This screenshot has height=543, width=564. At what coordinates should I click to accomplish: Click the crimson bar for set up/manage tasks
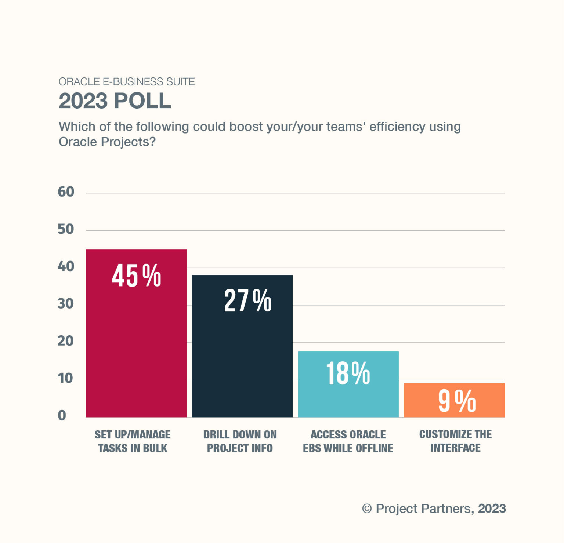pos(136,349)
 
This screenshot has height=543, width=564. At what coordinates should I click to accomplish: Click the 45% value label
pos(136,276)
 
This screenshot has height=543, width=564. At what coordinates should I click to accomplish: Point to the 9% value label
pos(457,401)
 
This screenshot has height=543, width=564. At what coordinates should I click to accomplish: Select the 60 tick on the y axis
pos(66,192)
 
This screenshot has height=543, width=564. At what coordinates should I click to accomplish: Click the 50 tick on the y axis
pos(66,229)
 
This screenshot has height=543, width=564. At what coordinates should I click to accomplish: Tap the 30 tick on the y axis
pos(66,304)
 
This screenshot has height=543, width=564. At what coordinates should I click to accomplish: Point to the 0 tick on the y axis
pos(62,415)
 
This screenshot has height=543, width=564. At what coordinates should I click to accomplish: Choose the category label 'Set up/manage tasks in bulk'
pos(133,441)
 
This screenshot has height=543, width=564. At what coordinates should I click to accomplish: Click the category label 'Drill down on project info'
pos(240,441)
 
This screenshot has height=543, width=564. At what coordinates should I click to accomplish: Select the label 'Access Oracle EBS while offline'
pos(348,441)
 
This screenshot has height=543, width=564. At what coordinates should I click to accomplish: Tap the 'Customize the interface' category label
pos(455,441)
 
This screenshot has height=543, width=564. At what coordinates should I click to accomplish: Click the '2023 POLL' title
pos(115,101)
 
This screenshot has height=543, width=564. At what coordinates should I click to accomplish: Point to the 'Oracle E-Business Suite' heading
pos(127,81)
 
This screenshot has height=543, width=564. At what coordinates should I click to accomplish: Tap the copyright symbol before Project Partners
pos(367,509)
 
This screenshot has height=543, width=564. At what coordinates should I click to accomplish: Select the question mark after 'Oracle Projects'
pos(152,142)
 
